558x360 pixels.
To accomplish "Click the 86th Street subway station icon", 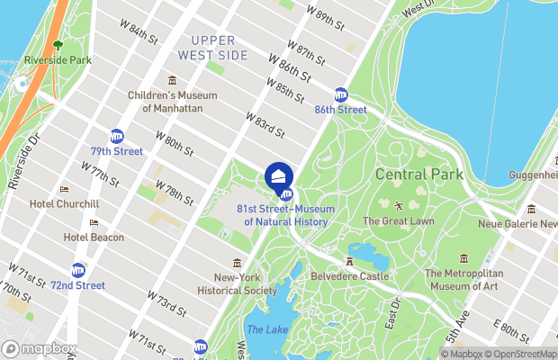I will click(x=341, y=94).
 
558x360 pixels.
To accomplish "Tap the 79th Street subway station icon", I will click(x=117, y=136).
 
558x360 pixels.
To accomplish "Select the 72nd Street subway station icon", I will click(x=78, y=270).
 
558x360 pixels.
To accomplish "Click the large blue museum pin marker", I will click(x=279, y=174).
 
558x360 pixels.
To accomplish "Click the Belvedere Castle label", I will click(x=350, y=277).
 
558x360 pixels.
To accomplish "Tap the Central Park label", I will click(x=419, y=174).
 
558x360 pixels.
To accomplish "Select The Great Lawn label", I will click(x=399, y=220).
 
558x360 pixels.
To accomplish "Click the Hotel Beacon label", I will click(x=94, y=237).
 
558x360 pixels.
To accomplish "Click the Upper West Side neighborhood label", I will click(x=212, y=48).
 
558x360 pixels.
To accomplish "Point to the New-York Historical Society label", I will click(x=238, y=284).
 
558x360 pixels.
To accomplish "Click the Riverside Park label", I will click(x=58, y=60).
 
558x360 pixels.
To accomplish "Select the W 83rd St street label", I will click(x=265, y=125).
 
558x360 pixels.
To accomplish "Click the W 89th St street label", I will click(x=325, y=17).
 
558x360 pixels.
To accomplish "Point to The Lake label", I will click(x=267, y=330).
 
